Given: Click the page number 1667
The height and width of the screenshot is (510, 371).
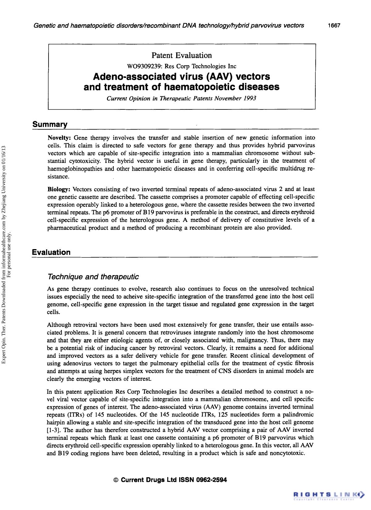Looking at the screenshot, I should click(x=334, y=26).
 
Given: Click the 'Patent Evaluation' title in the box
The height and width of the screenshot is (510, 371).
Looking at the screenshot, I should click(x=181, y=56).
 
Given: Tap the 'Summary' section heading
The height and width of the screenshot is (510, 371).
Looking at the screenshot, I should click(x=50, y=125).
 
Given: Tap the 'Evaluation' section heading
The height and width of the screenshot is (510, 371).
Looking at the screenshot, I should click(x=51, y=252).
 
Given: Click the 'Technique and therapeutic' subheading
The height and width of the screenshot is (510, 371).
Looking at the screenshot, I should click(x=93, y=277).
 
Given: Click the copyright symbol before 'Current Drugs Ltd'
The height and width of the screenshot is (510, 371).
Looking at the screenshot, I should click(x=116, y=480).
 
